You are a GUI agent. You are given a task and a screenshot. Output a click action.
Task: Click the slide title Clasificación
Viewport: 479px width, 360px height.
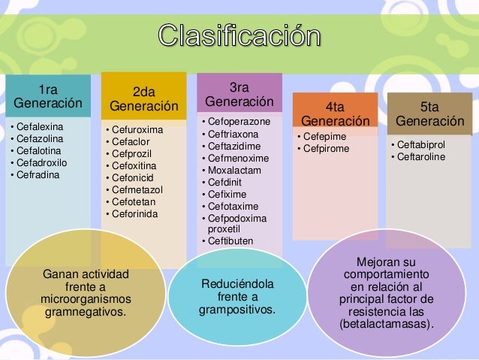[239, 35]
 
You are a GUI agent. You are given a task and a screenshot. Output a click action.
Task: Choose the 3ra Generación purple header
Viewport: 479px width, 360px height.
[239, 93]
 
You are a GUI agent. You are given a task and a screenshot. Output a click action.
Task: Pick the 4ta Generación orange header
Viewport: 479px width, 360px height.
[335, 113]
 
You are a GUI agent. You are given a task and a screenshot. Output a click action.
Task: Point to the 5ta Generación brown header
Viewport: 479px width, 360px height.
[430, 113]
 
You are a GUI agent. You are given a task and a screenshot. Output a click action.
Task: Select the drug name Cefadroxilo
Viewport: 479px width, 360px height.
[43, 162]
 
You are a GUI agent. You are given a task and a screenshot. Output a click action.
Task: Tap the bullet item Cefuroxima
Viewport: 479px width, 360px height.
[136, 129]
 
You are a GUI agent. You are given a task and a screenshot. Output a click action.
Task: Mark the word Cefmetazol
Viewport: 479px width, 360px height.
[137, 190]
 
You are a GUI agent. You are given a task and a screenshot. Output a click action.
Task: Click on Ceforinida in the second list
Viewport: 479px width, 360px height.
[135, 214]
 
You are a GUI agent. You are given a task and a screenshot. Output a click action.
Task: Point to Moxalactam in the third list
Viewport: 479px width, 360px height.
[229, 170]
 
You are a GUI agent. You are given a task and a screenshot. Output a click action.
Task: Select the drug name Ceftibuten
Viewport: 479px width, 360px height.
[230, 241]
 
